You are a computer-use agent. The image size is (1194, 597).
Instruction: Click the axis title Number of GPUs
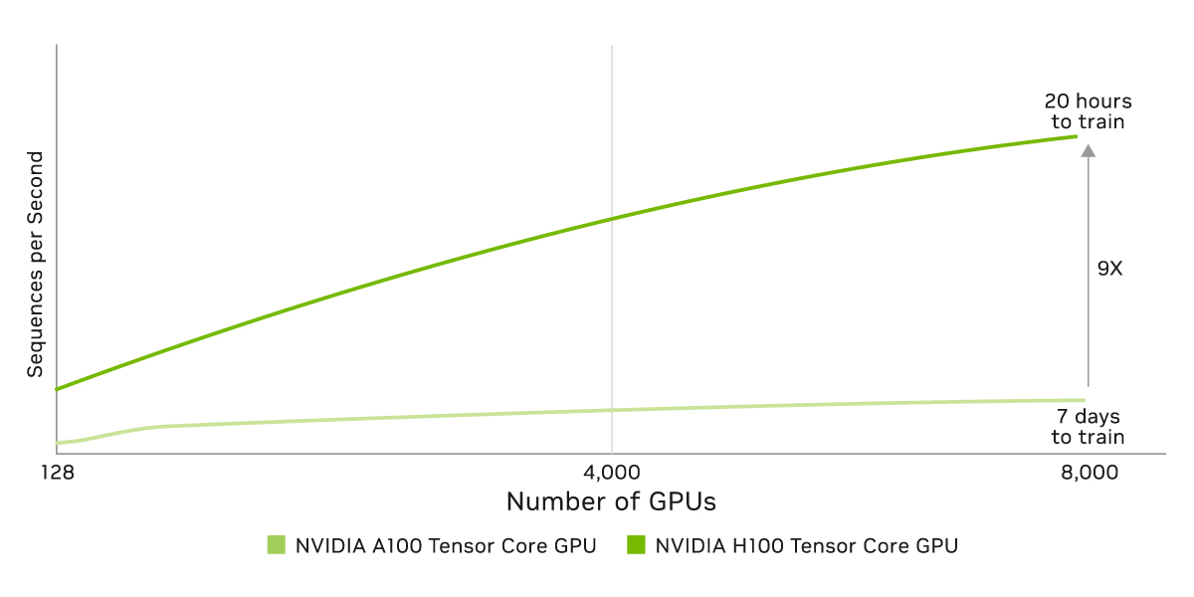pyautogui.click(x=611, y=501)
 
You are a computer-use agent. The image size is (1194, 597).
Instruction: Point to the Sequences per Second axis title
pyautogui.click(x=36, y=265)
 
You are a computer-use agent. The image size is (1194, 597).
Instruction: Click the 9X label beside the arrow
pyautogui.click(x=1109, y=268)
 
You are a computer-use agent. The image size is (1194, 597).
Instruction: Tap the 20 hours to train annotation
pyautogui.click(x=1088, y=111)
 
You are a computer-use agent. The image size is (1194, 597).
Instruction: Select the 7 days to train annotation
pyautogui.click(x=1088, y=427)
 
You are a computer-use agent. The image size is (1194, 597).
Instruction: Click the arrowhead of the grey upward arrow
pyautogui.click(x=1088, y=151)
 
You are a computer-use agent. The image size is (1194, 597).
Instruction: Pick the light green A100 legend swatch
pyautogui.click(x=277, y=545)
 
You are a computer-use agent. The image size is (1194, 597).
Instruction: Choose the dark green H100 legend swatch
pyautogui.click(x=635, y=545)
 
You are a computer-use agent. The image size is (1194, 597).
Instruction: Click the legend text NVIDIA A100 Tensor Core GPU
pyautogui.click(x=445, y=545)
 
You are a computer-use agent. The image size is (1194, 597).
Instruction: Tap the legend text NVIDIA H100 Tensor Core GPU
pyautogui.click(x=806, y=545)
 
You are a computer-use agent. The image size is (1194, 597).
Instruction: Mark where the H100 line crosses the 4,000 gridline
pyautogui.click(x=612, y=218)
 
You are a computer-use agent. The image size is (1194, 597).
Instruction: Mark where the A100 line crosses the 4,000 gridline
pyautogui.click(x=612, y=410)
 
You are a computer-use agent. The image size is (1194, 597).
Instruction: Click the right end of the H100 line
pyautogui.click(x=1077, y=135)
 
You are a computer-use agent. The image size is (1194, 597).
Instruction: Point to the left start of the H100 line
pyautogui.click(x=58, y=389)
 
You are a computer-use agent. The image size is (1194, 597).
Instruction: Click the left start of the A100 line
pyautogui.click(x=59, y=443)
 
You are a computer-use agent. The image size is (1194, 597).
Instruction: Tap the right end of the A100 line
pyautogui.click(x=1083, y=400)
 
